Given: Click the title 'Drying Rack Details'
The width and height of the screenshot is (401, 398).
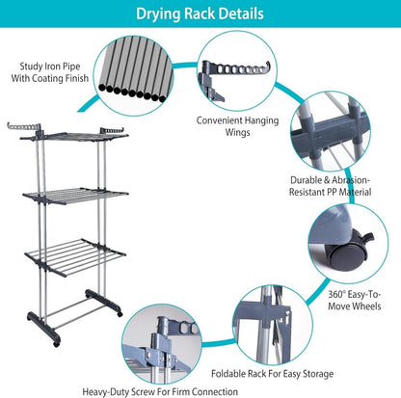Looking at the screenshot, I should pyautogui.click(x=200, y=14).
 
